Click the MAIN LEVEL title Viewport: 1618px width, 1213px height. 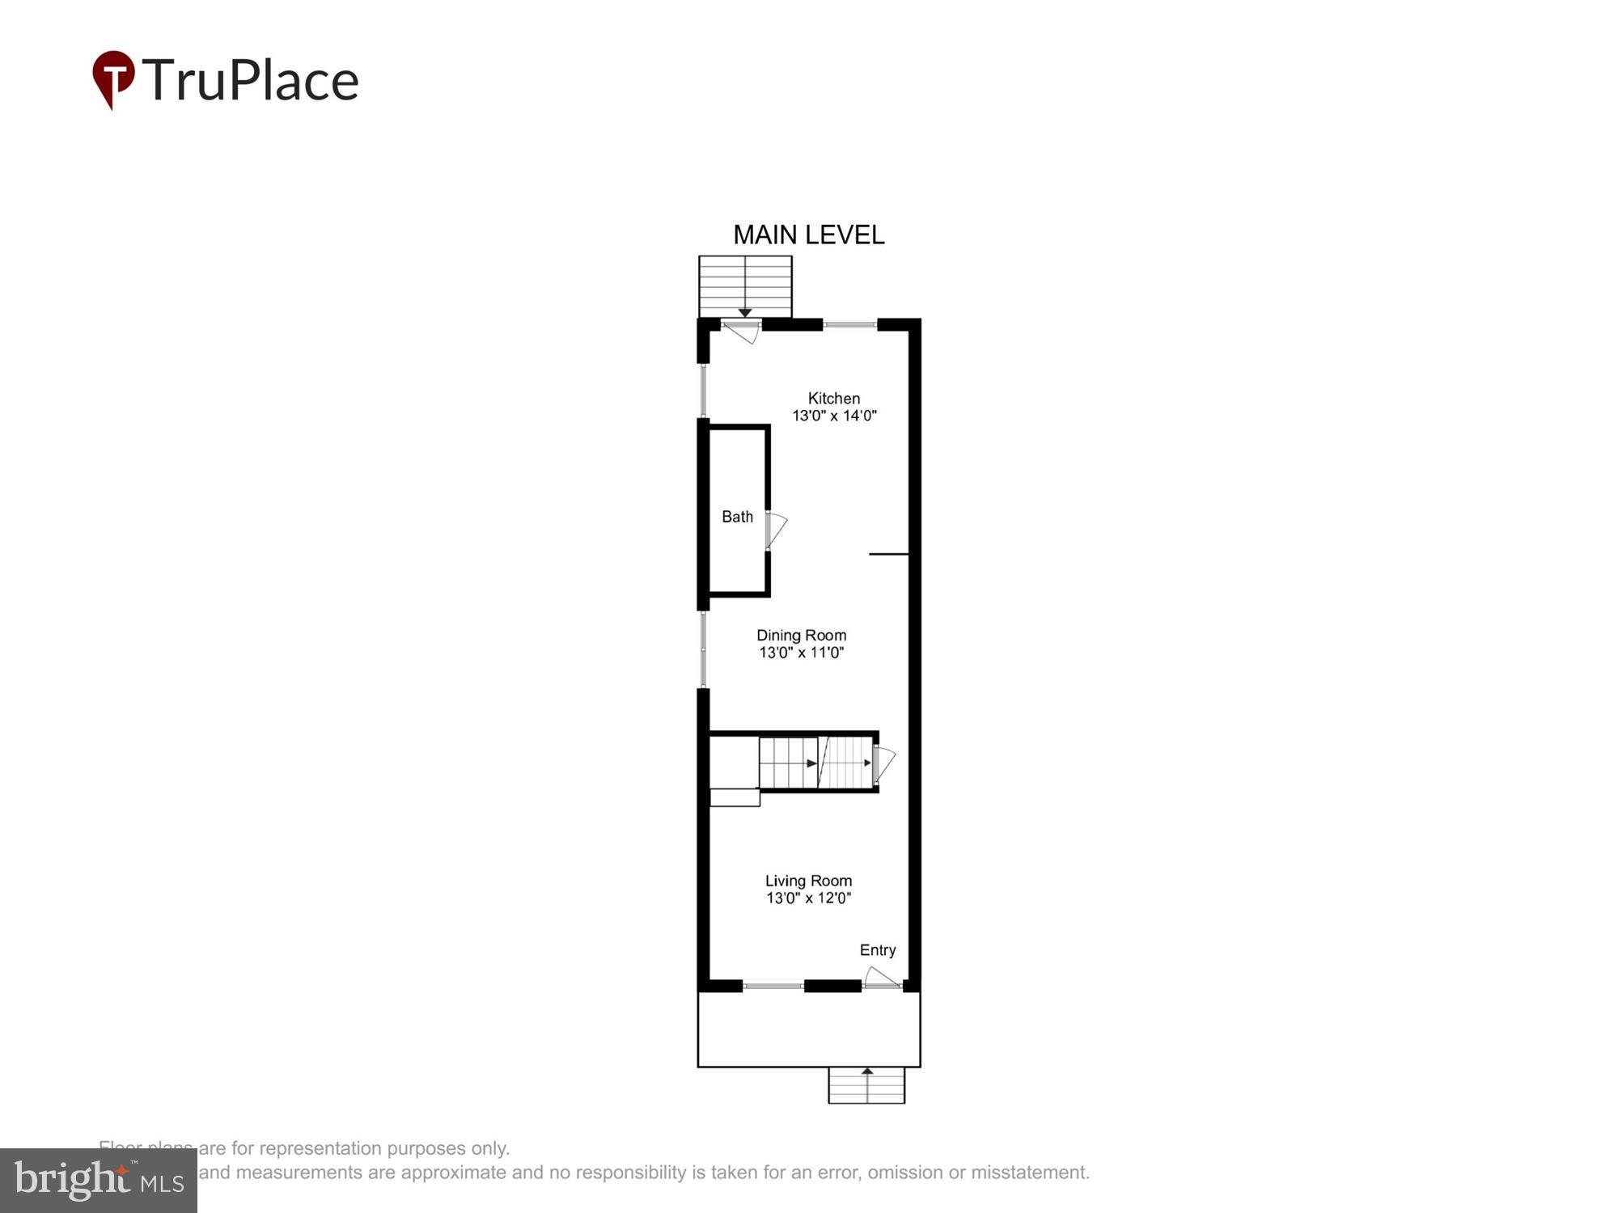click(x=808, y=235)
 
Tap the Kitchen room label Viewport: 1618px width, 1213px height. click(x=833, y=398)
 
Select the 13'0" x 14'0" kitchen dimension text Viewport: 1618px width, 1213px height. click(x=833, y=416)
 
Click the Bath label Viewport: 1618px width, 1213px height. click(x=737, y=517)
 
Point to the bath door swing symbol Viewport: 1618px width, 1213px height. click(x=776, y=530)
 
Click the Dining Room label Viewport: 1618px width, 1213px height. click(x=801, y=635)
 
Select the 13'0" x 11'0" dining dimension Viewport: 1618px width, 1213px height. click(x=801, y=653)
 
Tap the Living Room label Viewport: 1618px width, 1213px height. click(x=808, y=881)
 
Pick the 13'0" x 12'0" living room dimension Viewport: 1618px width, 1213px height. click(x=808, y=898)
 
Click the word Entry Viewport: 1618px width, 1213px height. click(x=878, y=950)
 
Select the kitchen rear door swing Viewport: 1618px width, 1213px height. click(x=741, y=332)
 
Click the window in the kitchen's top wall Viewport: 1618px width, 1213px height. click(x=850, y=325)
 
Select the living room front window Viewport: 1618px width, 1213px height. click(x=773, y=986)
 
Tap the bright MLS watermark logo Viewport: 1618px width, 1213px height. click(x=99, y=1181)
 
